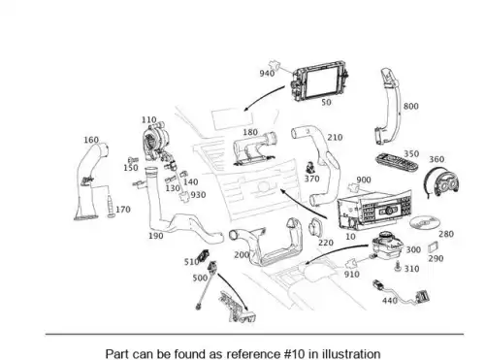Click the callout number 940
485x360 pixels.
click(x=267, y=74)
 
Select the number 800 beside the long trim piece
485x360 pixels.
click(x=411, y=107)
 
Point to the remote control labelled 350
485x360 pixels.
click(x=397, y=163)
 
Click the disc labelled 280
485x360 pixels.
click(x=425, y=222)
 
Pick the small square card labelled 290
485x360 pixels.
click(x=433, y=247)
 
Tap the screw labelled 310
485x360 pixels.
click(x=398, y=267)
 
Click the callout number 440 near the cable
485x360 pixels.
click(x=390, y=301)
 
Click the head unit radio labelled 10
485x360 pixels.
click(x=373, y=210)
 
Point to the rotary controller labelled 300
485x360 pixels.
click(x=386, y=245)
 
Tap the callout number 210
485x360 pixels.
click(x=335, y=138)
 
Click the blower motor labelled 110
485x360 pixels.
click(x=157, y=141)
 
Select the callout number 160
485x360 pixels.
click(x=91, y=140)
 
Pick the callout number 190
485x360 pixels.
click(x=156, y=236)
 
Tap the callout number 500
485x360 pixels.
click(x=200, y=278)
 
